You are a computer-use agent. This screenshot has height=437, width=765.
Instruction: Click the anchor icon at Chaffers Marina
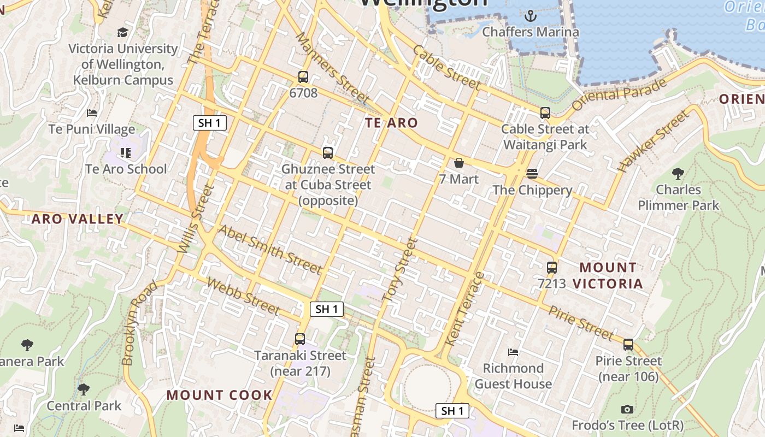click(x=530, y=16)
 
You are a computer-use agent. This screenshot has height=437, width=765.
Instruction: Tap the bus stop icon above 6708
click(x=303, y=77)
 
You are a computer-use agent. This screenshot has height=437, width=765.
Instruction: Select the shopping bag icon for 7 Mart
click(x=459, y=163)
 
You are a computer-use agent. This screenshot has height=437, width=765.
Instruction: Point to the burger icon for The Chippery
click(x=532, y=174)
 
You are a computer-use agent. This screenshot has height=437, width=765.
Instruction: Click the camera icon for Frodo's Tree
click(x=627, y=409)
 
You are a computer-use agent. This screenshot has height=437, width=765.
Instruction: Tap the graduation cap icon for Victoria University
click(x=122, y=32)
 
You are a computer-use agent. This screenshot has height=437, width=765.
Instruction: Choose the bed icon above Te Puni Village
click(x=92, y=113)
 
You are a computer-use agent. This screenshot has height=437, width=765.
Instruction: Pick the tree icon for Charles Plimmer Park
click(x=678, y=174)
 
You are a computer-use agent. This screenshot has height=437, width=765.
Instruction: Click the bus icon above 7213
click(x=552, y=268)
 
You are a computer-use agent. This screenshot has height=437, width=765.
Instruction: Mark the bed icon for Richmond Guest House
click(x=513, y=352)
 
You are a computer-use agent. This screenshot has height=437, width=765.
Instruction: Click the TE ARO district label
click(x=391, y=123)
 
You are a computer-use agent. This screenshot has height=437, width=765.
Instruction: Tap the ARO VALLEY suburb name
click(x=77, y=219)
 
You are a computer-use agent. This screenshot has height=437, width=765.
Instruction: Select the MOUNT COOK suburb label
click(x=219, y=395)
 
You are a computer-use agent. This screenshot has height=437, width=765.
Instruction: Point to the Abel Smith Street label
click(x=270, y=249)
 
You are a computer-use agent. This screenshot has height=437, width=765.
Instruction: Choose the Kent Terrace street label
click(x=464, y=309)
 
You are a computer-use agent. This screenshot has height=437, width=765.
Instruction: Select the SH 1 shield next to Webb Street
click(x=327, y=309)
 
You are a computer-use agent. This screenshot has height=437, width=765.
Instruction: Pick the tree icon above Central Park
click(x=83, y=389)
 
